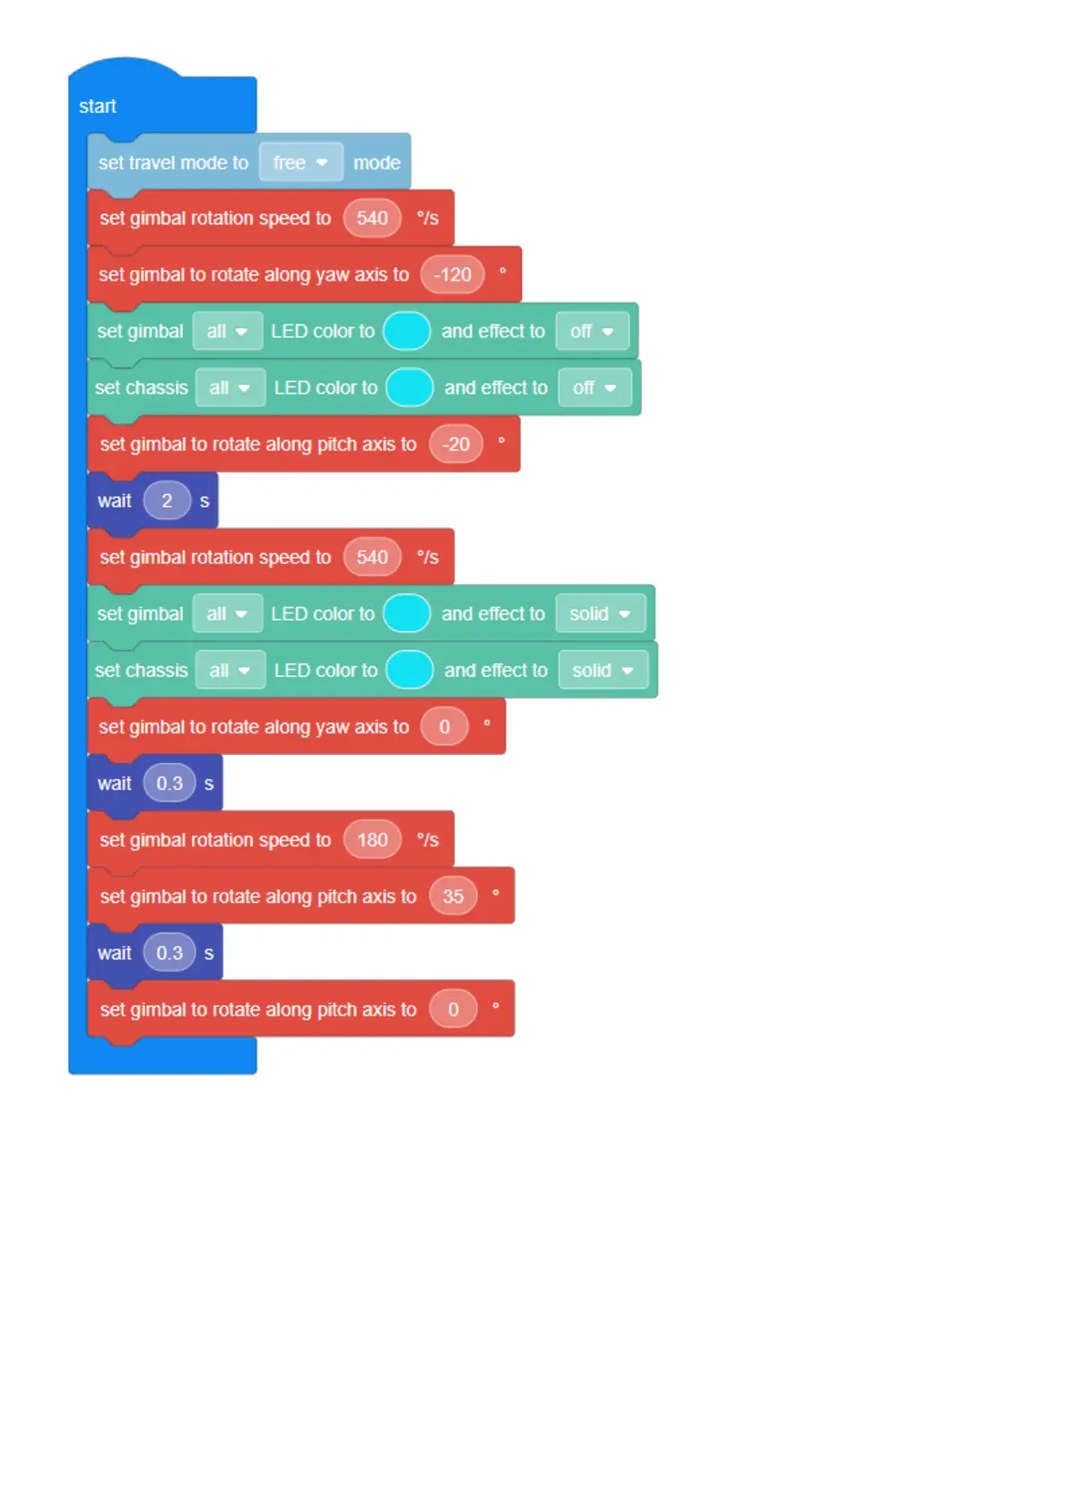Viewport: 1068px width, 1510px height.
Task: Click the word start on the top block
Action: coord(98,107)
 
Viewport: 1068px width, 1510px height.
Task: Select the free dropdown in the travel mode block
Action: coord(300,163)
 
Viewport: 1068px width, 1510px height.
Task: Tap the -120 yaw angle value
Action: coord(452,275)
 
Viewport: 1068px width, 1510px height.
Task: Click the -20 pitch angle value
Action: coord(456,445)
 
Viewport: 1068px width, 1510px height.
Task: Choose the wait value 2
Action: coord(167,501)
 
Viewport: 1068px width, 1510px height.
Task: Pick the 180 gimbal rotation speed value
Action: coord(372,840)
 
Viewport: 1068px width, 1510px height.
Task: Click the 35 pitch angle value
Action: coord(453,897)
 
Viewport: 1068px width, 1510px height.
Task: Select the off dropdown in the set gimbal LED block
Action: coord(592,332)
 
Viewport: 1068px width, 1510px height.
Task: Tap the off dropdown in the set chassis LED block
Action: coord(595,388)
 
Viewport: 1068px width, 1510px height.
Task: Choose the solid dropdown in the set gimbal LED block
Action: coord(600,614)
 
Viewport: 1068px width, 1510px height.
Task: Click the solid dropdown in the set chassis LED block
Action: coord(603,671)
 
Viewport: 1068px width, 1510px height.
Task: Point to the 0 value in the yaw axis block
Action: coord(444,727)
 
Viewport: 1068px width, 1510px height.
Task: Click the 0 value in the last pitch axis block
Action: coord(453,1010)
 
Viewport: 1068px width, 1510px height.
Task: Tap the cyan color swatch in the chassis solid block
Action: coord(410,671)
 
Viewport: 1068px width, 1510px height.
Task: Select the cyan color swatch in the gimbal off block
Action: coord(407,332)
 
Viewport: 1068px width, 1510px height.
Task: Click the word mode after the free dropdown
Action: coord(377,163)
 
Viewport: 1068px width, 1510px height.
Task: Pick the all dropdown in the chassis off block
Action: coord(230,388)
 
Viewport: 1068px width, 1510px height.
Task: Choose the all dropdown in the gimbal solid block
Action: coord(227,614)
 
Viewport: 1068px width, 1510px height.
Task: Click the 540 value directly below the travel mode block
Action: coord(372,219)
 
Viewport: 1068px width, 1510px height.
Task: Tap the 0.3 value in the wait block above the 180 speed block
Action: coord(169,784)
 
